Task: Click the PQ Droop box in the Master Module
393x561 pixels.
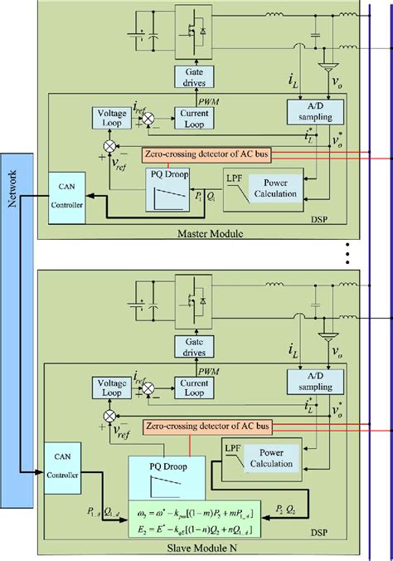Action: [x=157, y=197]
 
